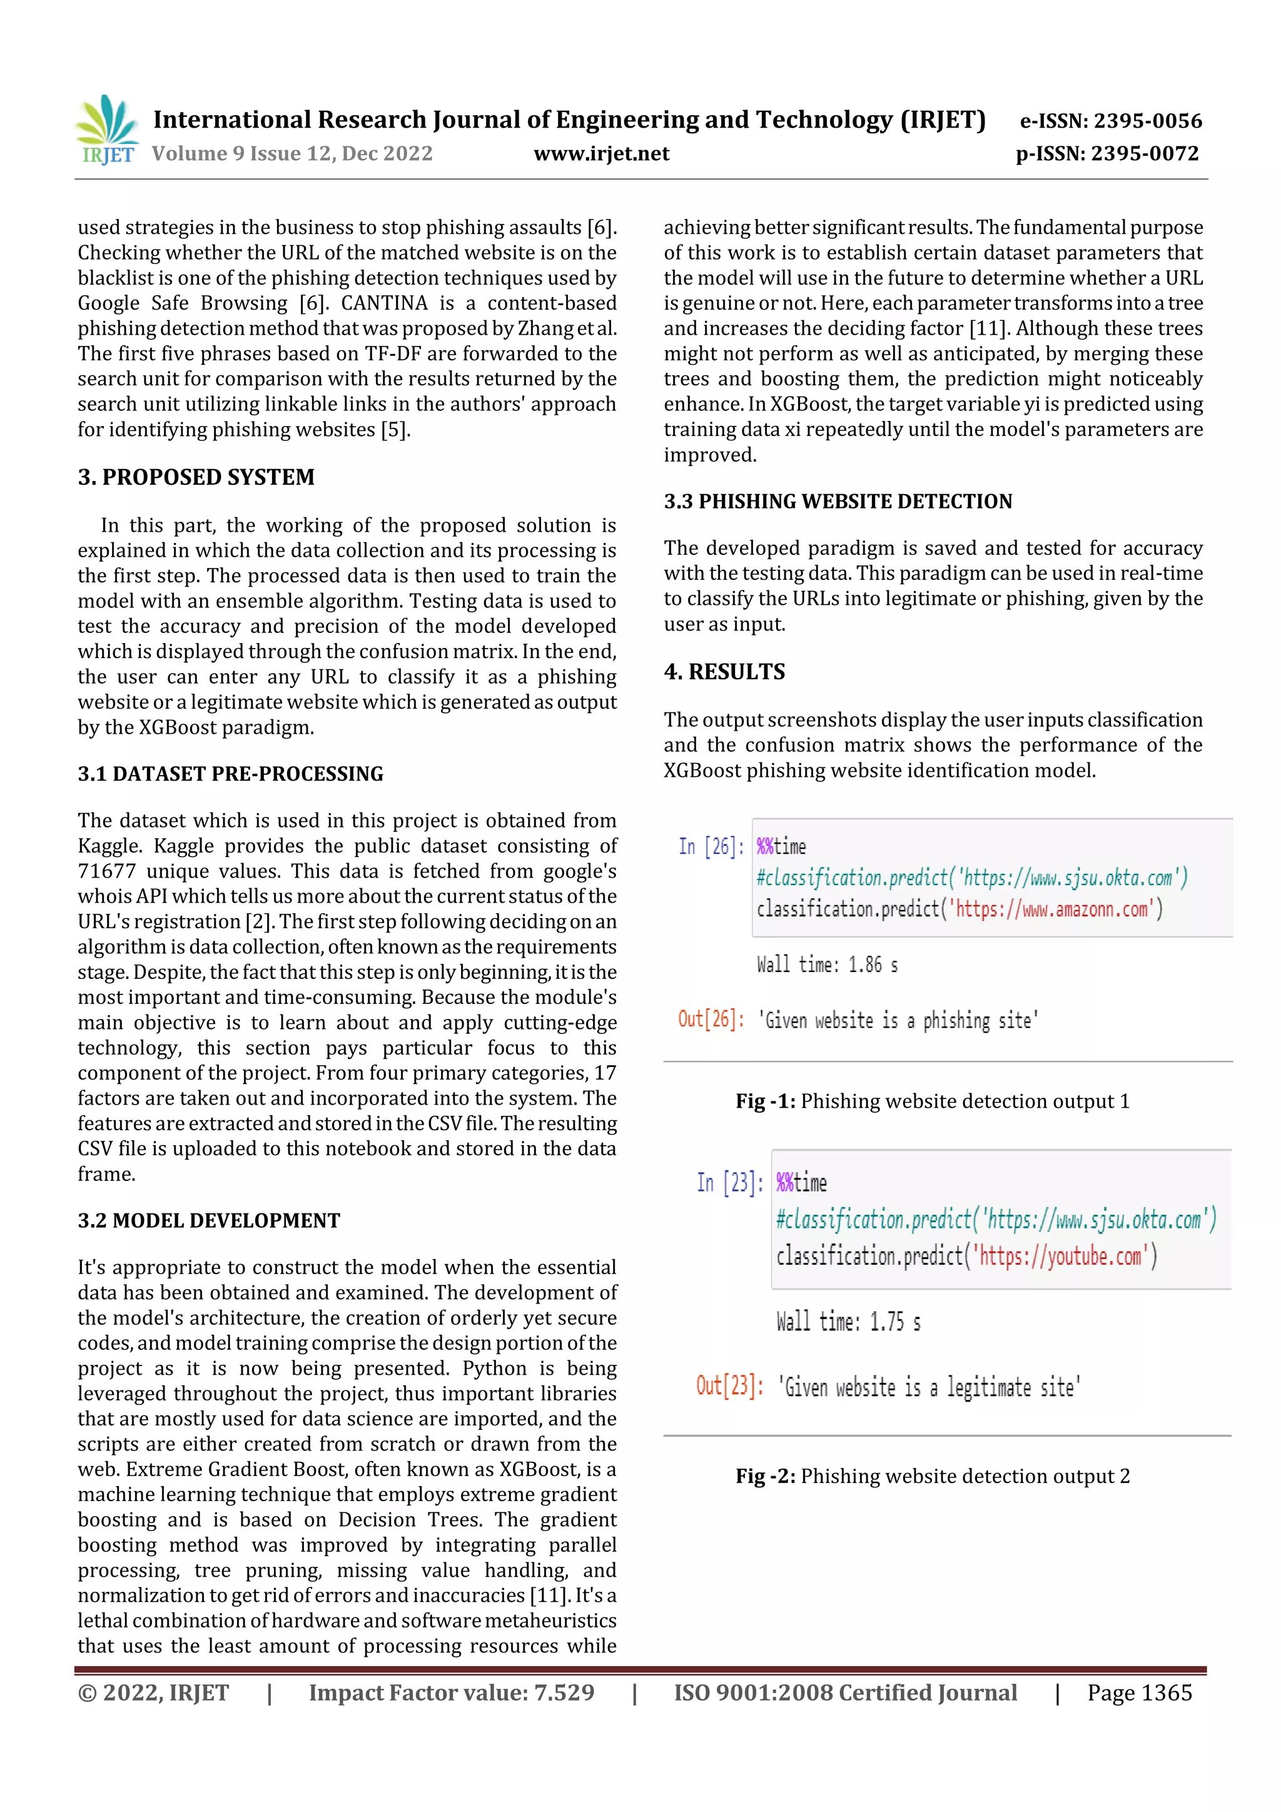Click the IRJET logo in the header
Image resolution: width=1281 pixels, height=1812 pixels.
pos(108,129)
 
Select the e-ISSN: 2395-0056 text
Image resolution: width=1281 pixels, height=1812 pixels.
pos(1110,121)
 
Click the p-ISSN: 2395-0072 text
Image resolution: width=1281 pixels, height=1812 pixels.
pos(1106,153)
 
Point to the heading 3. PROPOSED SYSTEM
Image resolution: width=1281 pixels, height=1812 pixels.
pos(196,477)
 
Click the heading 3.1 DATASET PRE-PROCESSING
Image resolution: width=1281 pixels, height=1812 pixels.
pos(230,774)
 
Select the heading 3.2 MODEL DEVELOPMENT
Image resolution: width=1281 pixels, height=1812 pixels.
pos(208,1220)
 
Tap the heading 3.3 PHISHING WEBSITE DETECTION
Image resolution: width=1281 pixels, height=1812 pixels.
pos(838,501)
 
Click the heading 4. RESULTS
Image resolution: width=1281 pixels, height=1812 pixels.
pos(724,672)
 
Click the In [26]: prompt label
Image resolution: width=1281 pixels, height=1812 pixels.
pos(711,847)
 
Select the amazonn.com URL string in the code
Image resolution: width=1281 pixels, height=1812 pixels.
pos(1055,909)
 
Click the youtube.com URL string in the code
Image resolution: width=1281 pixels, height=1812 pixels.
pos(1061,1255)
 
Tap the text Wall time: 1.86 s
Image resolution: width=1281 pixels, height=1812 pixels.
pos(826,964)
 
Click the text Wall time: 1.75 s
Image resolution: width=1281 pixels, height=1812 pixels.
pos(848,1322)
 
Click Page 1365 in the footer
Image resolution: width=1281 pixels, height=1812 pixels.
pos(1139,1692)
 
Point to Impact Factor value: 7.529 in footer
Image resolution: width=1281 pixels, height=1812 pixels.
pos(451,1692)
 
